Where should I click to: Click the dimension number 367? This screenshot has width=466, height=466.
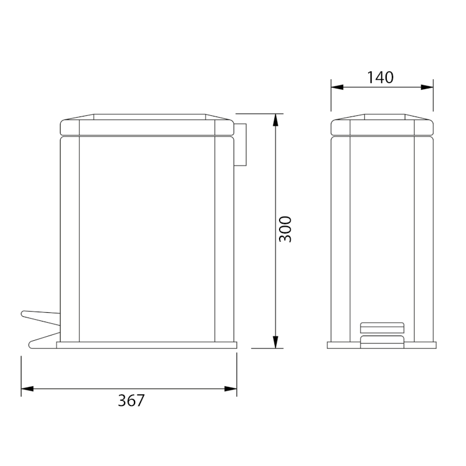click(131, 401)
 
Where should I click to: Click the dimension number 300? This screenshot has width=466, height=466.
click(285, 230)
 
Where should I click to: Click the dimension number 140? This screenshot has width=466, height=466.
click(381, 77)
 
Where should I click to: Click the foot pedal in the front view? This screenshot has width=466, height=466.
click(382, 333)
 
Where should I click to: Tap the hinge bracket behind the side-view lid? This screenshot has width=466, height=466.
click(241, 144)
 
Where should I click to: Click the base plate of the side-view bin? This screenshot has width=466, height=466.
click(147, 345)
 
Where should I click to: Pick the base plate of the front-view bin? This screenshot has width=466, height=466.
click(382, 345)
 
